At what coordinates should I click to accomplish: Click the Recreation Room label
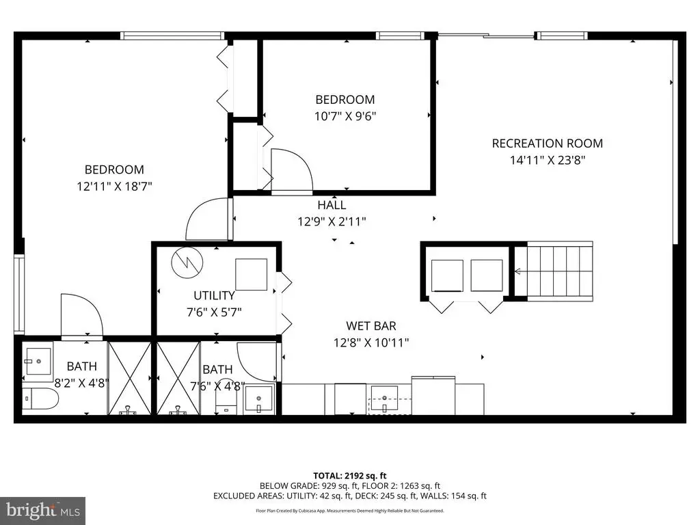point(548,144)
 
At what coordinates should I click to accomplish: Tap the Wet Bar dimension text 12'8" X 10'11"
point(371,342)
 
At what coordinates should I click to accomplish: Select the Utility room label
point(214,295)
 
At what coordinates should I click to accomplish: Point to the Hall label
point(332,205)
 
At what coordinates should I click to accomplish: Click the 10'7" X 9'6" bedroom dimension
point(345,116)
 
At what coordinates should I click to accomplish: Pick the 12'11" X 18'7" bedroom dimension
point(114,186)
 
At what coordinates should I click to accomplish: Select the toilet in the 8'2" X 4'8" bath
point(40,399)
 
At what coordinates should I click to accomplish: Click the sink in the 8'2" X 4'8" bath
point(38,361)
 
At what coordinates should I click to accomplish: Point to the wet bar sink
point(384,399)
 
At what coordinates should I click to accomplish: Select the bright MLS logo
point(43,510)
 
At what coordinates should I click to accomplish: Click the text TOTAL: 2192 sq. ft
point(349,476)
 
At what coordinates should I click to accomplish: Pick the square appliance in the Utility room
point(252,275)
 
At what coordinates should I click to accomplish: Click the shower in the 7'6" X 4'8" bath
point(178,378)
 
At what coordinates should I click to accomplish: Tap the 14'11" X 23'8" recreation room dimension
point(548,160)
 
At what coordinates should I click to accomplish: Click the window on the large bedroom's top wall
point(172,36)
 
